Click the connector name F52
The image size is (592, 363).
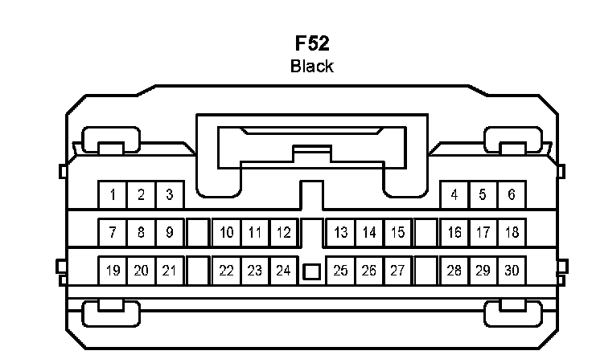[x=311, y=44]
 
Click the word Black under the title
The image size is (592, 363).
[x=311, y=66]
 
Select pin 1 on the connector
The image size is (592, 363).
[x=113, y=194]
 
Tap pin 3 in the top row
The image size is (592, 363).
[x=170, y=194]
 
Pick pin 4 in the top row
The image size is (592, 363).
[x=454, y=194]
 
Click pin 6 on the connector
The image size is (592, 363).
[x=511, y=194]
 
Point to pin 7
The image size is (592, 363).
[x=113, y=233]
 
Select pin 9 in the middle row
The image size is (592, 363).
[x=170, y=233]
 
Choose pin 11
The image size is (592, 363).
[x=255, y=233]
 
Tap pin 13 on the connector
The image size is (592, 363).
[x=341, y=233]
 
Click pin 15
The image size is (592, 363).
[x=397, y=233]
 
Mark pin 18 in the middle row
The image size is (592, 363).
[x=511, y=233]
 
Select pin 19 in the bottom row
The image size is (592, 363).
[x=113, y=271]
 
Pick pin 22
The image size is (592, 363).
[x=227, y=271]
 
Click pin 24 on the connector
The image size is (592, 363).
[x=282, y=271]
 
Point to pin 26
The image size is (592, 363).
[x=369, y=271]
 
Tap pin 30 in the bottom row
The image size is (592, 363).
[x=511, y=271]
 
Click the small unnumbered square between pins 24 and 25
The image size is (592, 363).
[x=311, y=271]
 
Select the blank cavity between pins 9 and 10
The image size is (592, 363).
[x=198, y=233]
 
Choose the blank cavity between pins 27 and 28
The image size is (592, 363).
[x=425, y=271]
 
